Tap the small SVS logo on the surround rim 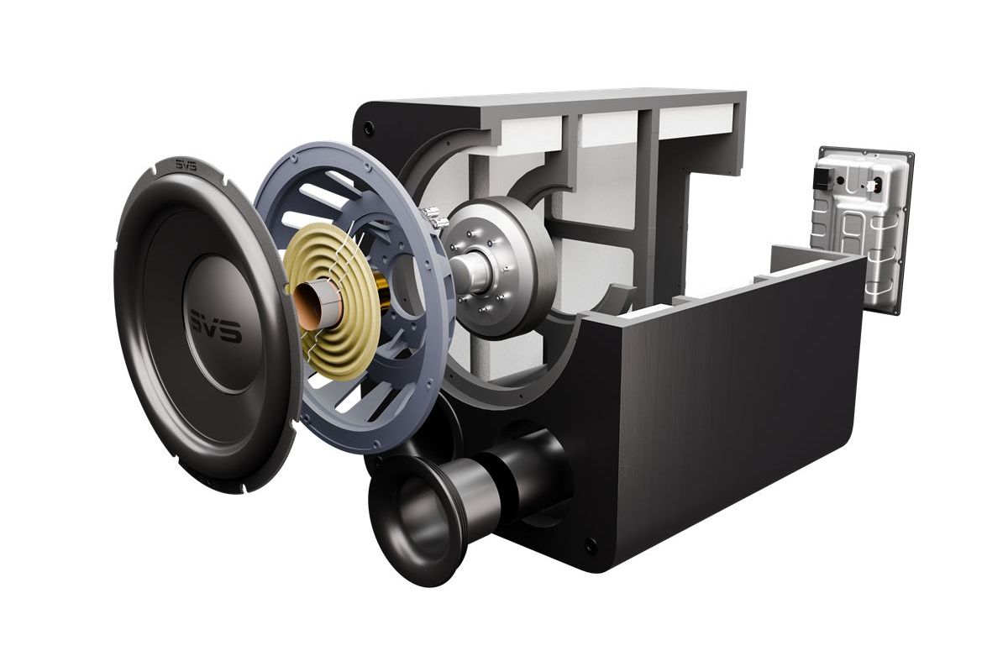point(186,166)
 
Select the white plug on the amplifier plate point(875,186)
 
